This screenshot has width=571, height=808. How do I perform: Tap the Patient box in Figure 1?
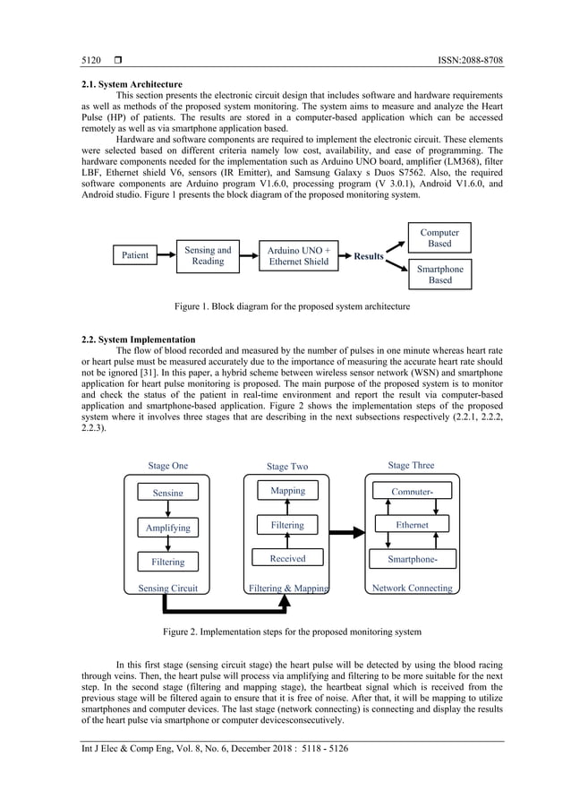pos(135,255)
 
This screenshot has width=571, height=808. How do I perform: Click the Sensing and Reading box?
pos(208,255)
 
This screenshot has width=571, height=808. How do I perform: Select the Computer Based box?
pos(439,238)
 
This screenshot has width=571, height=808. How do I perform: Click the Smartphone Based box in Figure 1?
pos(439,274)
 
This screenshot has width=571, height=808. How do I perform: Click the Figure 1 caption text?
pos(292,306)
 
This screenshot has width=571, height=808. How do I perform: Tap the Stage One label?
pos(168,466)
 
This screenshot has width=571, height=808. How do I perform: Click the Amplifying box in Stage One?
pos(167,529)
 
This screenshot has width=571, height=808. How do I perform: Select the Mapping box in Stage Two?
pos(287,491)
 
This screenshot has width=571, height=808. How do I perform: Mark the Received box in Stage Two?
pos(287,559)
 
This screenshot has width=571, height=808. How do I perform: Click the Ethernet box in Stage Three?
pos(412,525)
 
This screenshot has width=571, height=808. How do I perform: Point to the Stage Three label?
pos(411,466)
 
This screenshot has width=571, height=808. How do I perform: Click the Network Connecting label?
pos(412,589)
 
